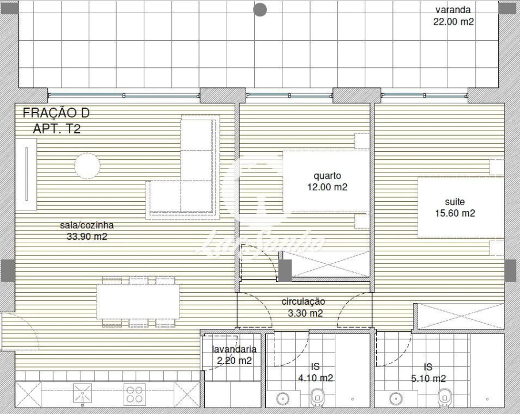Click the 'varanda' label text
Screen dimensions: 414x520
453,10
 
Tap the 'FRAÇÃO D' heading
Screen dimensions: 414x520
56,114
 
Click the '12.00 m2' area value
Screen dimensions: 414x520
327,187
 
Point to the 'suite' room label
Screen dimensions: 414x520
454,202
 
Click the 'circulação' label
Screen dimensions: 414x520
303,301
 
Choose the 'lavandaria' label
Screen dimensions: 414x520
234,349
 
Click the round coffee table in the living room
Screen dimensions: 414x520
87,166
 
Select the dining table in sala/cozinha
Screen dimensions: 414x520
138,302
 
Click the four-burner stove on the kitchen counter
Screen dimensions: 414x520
135,394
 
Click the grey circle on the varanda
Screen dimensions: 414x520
260,9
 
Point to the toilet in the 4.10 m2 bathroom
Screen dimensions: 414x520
317,397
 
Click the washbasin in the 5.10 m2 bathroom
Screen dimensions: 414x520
395,398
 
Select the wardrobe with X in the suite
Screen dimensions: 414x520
460,317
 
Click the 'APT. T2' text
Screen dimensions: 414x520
57,129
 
